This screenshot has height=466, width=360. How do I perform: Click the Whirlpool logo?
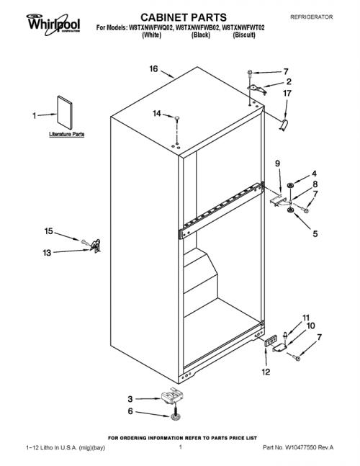(53, 24)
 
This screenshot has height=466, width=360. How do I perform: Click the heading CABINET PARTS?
(184, 17)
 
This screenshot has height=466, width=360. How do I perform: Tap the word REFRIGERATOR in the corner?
(311, 17)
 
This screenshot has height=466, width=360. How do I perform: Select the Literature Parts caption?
(67, 134)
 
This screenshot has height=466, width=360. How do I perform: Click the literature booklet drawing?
(65, 112)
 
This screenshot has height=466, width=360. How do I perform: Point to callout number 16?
(153, 69)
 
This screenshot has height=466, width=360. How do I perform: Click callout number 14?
(157, 113)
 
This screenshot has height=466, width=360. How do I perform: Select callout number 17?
(287, 94)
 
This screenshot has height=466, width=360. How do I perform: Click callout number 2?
(289, 81)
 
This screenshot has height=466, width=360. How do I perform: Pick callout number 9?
(277, 163)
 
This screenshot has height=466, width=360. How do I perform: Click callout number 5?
(315, 233)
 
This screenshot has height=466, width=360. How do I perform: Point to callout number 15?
(49, 231)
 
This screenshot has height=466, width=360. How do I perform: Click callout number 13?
(47, 253)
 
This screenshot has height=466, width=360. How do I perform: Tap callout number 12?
(266, 372)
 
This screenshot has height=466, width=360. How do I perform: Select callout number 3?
(130, 399)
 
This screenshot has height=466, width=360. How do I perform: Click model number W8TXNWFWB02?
(198, 28)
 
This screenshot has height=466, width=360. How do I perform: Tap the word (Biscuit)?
(244, 35)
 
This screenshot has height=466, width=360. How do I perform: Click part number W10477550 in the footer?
(300, 447)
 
